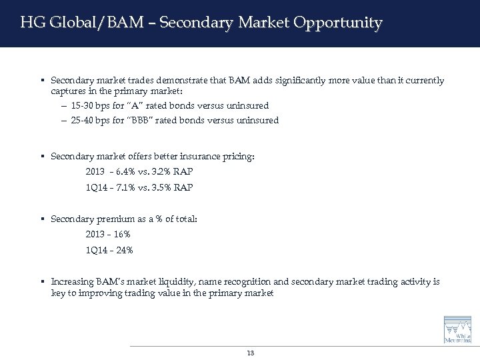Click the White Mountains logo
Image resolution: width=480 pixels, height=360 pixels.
click(x=457, y=331)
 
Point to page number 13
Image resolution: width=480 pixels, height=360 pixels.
click(x=250, y=353)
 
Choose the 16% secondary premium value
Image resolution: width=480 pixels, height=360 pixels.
click(x=122, y=235)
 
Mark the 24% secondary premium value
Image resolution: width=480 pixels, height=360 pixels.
click(x=125, y=250)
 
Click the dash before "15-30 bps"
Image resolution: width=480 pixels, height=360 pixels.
click(x=63, y=105)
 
